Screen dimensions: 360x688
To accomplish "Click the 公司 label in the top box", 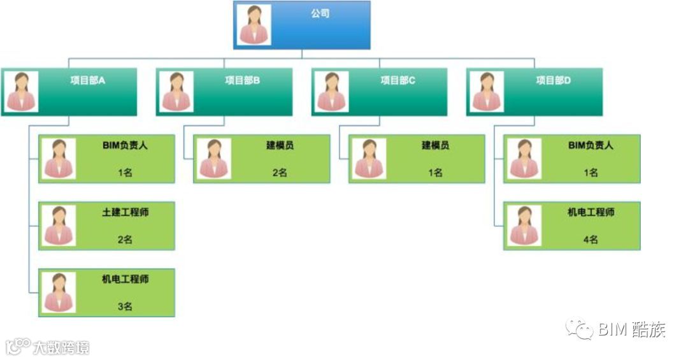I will click(x=320, y=13).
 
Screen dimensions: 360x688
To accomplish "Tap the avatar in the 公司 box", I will click(x=255, y=25).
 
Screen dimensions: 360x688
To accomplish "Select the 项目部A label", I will click(x=88, y=80).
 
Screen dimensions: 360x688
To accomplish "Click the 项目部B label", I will click(x=243, y=80).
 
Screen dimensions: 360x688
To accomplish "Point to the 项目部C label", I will click(x=398, y=80).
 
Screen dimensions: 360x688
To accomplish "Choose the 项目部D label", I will click(x=554, y=80).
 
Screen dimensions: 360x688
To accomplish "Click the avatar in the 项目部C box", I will click(x=332, y=92).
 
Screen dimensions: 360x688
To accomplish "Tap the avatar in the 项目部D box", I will click(x=487, y=92).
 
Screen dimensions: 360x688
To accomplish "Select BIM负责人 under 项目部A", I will click(x=125, y=145).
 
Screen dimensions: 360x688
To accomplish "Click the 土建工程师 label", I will click(x=125, y=212).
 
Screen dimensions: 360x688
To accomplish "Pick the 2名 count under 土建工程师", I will click(x=125, y=240).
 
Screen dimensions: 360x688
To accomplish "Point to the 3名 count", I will click(x=125, y=306).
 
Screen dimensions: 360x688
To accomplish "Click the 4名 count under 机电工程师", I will click(x=591, y=240).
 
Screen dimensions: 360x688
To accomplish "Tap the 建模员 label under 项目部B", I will click(x=280, y=145).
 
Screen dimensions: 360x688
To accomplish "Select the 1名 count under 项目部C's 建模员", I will click(x=436, y=173).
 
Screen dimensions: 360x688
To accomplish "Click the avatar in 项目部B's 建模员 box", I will click(x=214, y=159).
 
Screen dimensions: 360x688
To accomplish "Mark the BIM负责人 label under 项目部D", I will click(x=591, y=145).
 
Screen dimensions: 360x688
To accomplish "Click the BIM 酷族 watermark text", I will click(x=631, y=330).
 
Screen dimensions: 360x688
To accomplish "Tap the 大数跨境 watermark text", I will click(x=61, y=348).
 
